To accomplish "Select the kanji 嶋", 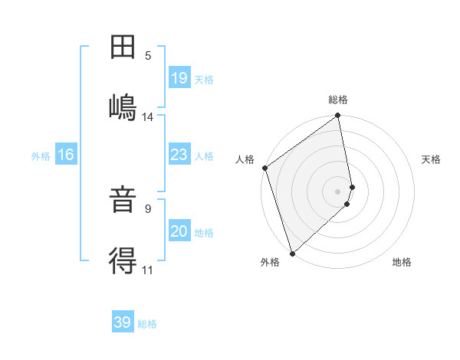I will pyautogui.click(x=123, y=104).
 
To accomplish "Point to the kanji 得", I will pyautogui.click(x=123, y=261).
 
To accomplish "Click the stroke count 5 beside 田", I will pyautogui.click(x=148, y=55).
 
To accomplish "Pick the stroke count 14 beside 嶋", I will pyautogui.click(x=148, y=117).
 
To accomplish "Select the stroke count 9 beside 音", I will pyautogui.click(x=148, y=208).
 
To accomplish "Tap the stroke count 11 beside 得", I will pyautogui.click(x=148, y=270).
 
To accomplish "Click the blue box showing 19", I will pyautogui.click(x=179, y=77).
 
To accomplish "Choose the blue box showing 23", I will pyautogui.click(x=179, y=155).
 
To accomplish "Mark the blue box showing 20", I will pyautogui.click(x=179, y=231).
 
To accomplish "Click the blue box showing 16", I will pyautogui.click(x=66, y=155).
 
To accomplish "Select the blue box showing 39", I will pyautogui.click(x=123, y=322).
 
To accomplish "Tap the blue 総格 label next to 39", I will pyautogui.click(x=147, y=324).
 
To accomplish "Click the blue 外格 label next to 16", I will pyautogui.click(x=41, y=156).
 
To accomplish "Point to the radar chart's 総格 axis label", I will pyautogui.click(x=338, y=100).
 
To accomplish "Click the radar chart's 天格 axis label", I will pyautogui.click(x=432, y=159).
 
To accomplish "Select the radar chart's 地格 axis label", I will pyautogui.click(x=402, y=262).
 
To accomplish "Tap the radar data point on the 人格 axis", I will pyautogui.click(x=264, y=168).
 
